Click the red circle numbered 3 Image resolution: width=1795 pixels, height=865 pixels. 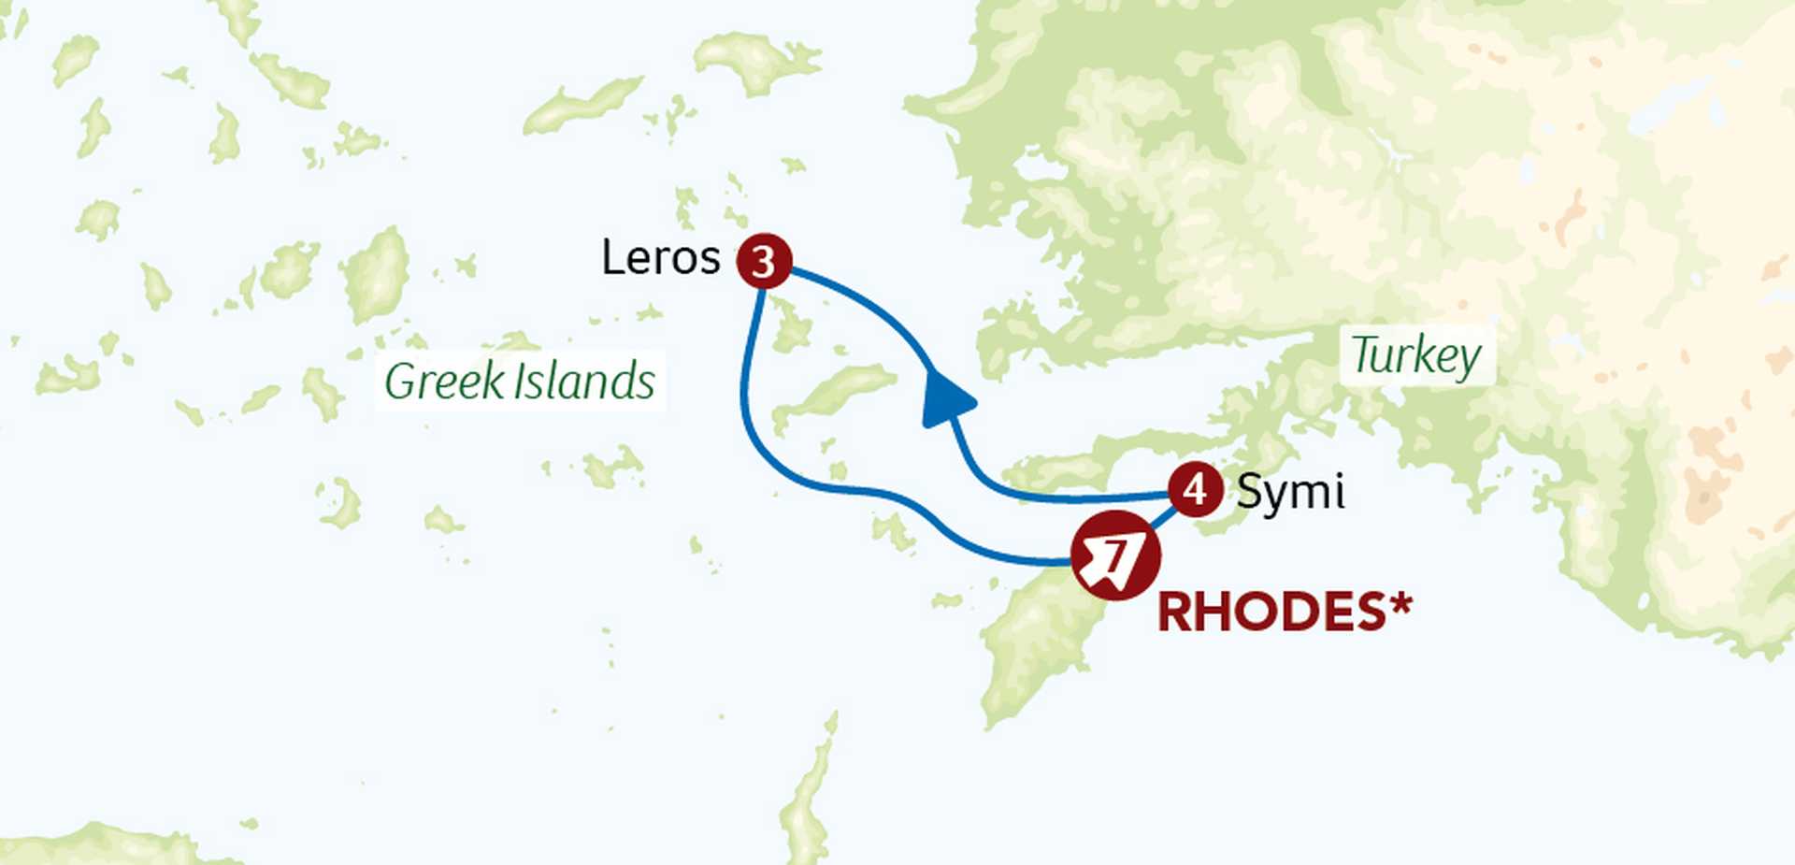[x=764, y=261]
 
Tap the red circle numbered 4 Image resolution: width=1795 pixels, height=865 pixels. [x=1195, y=489]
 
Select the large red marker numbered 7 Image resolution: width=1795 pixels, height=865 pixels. [x=1115, y=556]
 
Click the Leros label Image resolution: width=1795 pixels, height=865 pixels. [x=660, y=258]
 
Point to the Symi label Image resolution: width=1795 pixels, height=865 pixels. [x=1290, y=492]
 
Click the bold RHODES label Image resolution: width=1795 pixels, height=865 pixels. [x=1271, y=613]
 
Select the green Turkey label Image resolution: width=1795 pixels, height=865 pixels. [x=1416, y=355]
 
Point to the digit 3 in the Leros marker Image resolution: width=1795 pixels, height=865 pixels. [x=764, y=262]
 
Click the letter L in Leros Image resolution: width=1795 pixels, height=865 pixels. [x=612, y=258]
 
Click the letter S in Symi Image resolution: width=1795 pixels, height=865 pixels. [x=1249, y=491]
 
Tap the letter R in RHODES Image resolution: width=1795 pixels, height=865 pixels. [x=1176, y=613]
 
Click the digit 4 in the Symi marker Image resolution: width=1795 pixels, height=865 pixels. [x=1195, y=489]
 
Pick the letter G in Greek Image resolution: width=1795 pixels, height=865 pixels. [x=399, y=382]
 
